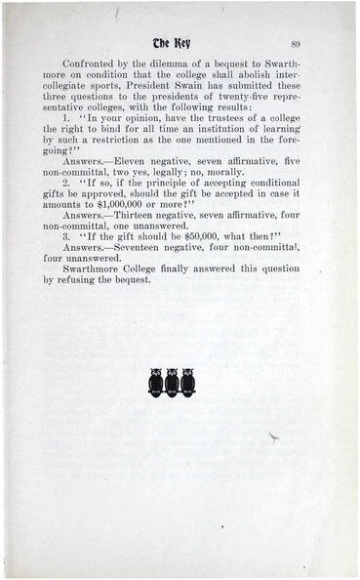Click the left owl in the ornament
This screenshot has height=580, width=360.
click(x=156, y=382)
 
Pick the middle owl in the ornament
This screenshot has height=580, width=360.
click(x=172, y=382)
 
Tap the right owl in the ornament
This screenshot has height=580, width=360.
click(x=187, y=382)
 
